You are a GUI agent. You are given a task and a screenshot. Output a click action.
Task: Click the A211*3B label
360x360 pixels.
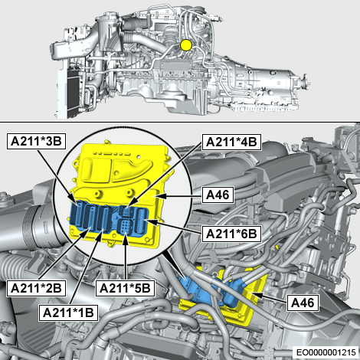coord(36,141)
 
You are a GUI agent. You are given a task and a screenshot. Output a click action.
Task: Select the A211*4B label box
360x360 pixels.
coord(231,142)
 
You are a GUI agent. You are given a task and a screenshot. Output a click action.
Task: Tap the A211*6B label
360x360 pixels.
coord(231,234)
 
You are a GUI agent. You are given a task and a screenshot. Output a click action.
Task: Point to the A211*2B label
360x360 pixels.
coord(36,288)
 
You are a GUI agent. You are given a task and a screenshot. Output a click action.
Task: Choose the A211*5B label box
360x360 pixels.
coord(125,288)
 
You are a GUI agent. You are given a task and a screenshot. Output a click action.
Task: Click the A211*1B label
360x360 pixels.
coord(68,313)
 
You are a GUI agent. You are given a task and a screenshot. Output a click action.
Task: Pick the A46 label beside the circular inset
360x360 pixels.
coord(218,195)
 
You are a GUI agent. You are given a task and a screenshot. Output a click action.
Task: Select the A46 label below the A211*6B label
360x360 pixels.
coord(303,303)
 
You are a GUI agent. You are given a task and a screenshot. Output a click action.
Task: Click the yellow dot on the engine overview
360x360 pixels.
coord(186,45)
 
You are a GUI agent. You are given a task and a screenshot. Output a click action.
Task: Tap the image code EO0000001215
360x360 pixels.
coord(326,352)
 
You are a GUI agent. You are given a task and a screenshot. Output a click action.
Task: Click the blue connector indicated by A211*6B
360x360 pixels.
coord(141,221)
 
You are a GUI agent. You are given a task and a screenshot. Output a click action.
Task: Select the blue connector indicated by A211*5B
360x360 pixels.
coord(125,227)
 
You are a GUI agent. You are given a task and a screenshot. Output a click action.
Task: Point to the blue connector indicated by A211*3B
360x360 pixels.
coord(77,214)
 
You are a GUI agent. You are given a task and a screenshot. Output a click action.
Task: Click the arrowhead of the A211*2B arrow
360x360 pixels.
coord(87,230)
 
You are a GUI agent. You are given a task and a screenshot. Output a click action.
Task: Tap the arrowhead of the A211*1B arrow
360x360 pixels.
coord(101,233)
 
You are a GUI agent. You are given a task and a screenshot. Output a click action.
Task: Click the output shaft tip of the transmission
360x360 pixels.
coord(308,80)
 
